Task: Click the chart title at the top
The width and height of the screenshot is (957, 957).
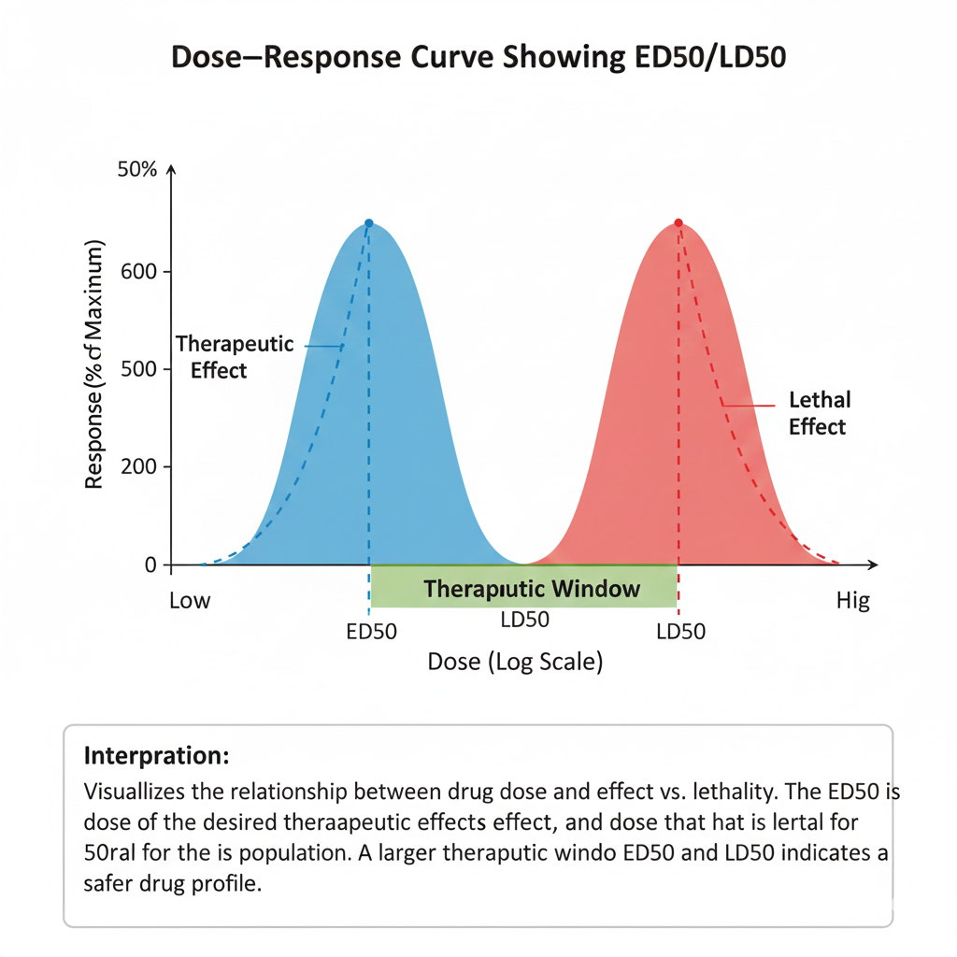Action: pos(478,58)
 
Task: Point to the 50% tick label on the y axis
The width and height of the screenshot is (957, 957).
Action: pos(137,171)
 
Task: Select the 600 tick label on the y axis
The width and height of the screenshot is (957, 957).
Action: pos(140,272)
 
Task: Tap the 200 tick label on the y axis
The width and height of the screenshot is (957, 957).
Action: pos(140,466)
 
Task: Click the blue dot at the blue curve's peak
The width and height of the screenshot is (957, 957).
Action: pos(369,223)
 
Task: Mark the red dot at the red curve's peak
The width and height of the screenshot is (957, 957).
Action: pos(678,222)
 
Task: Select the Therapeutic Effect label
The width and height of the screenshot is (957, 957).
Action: pos(235,357)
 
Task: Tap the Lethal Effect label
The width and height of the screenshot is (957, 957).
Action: pos(819,413)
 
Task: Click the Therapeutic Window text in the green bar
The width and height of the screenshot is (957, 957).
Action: pos(531,589)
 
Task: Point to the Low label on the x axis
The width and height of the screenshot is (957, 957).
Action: pos(190,601)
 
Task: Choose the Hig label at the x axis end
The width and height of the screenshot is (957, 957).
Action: pos(852,601)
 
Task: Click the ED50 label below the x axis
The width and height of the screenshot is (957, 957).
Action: pos(371,632)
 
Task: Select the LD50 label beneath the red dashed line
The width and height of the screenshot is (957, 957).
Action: pos(680,632)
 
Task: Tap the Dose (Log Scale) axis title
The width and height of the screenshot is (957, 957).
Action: pos(515,662)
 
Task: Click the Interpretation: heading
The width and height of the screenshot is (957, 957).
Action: pos(156,754)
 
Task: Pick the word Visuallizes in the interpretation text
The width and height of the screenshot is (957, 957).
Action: pos(138,793)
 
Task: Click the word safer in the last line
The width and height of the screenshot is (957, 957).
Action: pos(111,883)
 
